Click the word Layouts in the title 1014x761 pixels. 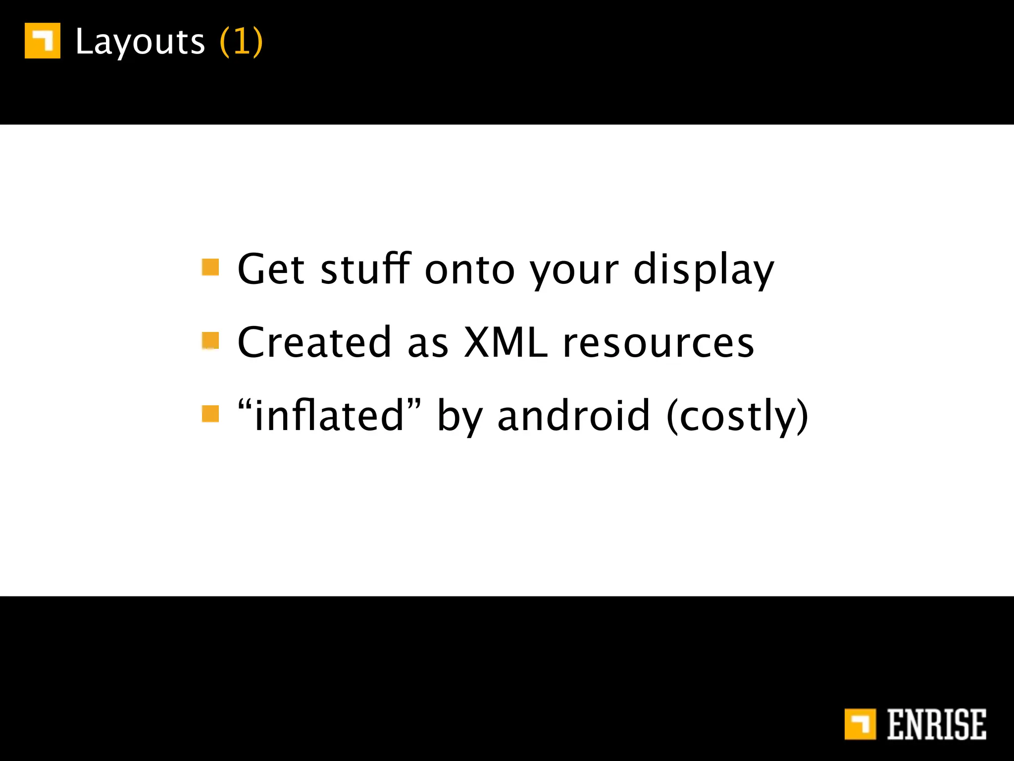[x=140, y=42]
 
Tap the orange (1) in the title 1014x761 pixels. [x=241, y=42]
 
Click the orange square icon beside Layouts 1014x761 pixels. [x=43, y=41]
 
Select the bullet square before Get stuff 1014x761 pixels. [x=210, y=267]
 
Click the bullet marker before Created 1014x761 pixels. [x=210, y=340]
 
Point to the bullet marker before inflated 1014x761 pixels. [x=210, y=414]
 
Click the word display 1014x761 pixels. [x=704, y=270]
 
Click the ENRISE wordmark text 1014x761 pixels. [x=936, y=724]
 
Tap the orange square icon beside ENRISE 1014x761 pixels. [x=860, y=724]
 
